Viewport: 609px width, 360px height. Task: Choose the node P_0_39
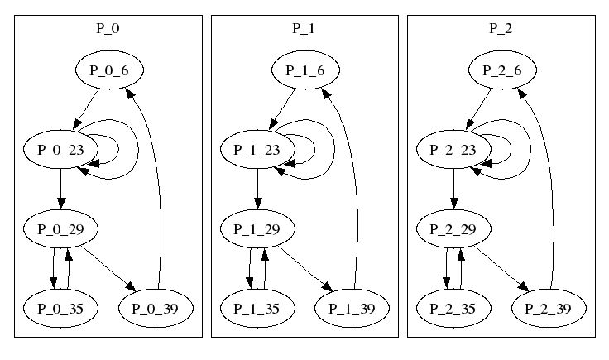coord(156,308)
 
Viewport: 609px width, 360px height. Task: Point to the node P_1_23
coord(256,150)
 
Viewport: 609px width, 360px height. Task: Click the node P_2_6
coord(501,71)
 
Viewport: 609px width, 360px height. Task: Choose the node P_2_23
coord(452,150)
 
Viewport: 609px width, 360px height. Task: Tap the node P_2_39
coord(549,308)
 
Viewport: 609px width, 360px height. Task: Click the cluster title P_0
coord(108,28)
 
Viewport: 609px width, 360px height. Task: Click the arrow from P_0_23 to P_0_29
coord(60,189)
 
